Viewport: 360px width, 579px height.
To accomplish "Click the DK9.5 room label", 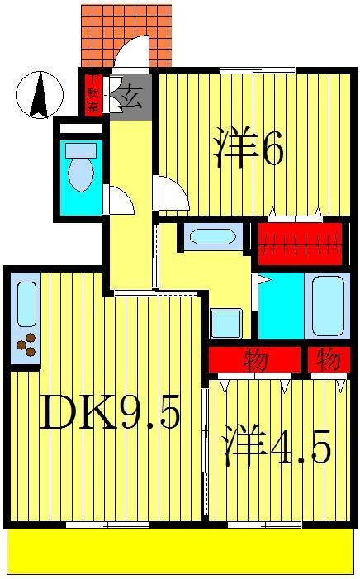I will click(109, 414).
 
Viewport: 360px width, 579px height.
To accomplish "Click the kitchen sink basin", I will click(26, 303).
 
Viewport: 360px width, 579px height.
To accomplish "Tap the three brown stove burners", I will click(26, 344).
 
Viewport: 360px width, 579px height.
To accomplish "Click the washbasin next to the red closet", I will click(211, 237).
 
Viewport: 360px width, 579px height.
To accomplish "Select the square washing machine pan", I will click(225, 323).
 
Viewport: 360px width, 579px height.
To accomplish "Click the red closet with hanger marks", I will click(299, 242).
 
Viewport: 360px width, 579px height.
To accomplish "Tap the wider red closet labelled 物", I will click(253, 360).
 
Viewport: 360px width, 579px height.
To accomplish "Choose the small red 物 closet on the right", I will click(328, 360).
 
